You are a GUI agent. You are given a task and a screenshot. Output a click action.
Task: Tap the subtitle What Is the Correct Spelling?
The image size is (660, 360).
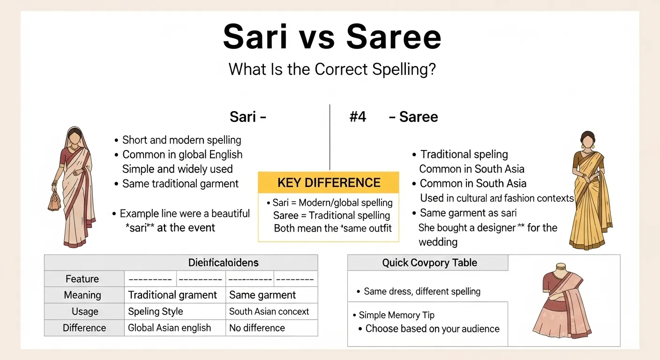tap(332, 69)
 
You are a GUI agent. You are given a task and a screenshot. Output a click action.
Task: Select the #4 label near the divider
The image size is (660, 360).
tap(358, 117)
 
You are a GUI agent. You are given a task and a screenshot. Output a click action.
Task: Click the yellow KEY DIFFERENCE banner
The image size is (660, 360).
tap(329, 182)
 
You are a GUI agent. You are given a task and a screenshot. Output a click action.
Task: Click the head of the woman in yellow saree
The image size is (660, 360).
tap(587, 140)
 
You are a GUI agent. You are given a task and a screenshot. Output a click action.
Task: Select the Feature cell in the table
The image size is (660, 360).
tap(82, 279)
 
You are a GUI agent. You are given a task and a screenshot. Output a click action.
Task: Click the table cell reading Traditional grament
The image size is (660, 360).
tap(172, 295)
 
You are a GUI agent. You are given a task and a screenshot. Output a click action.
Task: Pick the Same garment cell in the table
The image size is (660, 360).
tap(262, 295)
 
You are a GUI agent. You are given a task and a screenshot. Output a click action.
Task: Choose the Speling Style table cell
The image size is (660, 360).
tap(156, 312)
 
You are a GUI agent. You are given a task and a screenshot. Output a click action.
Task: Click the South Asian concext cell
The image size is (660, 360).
tap(269, 312)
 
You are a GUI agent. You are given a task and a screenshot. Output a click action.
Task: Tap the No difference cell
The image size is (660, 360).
tap(257, 328)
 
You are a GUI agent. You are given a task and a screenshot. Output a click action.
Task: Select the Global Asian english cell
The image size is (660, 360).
tap(170, 328)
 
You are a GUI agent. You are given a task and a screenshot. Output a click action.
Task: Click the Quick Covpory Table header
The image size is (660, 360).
tap(429, 263)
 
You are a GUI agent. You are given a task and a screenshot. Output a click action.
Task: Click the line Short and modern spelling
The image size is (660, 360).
tap(181, 140)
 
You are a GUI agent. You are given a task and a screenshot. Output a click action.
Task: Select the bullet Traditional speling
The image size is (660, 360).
tap(464, 155)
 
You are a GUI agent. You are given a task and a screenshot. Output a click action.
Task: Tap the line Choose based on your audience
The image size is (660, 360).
tap(432, 329)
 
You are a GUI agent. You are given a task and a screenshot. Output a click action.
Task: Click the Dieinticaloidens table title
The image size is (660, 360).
tap(223, 263)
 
